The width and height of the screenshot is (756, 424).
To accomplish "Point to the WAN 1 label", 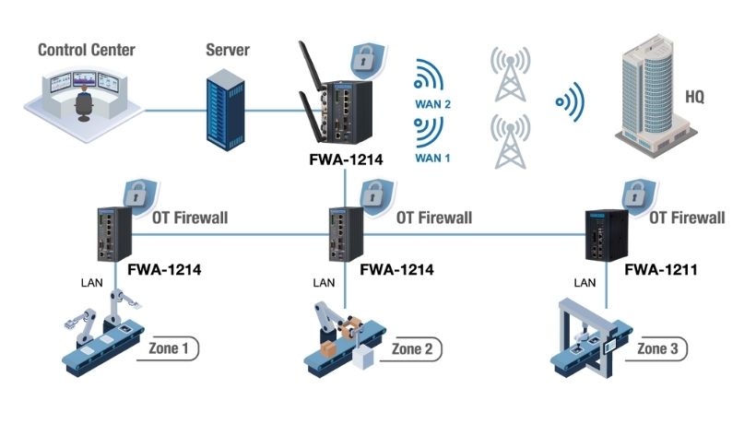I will tap(432, 158).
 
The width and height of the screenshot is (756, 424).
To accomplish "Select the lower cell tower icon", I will tap(510, 139).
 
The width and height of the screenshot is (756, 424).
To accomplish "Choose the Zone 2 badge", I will tap(411, 349).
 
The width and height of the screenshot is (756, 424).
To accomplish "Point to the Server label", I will tap(228, 48).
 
